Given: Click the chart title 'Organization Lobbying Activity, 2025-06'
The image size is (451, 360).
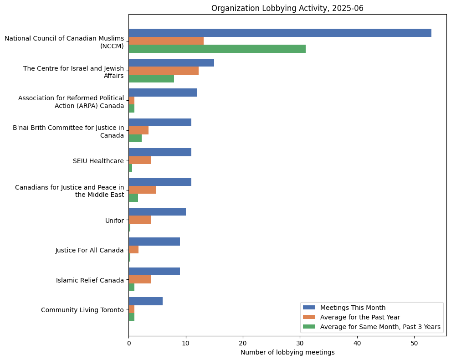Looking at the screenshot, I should (x=287, y=8).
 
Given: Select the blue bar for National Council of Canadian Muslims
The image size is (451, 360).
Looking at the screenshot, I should (x=280, y=33).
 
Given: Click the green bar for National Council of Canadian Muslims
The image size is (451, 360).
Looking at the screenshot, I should (x=217, y=49).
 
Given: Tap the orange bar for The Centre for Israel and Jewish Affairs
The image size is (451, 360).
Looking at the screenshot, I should (x=164, y=71).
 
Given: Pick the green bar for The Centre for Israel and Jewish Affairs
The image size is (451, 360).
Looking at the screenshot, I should (x=151, y=78).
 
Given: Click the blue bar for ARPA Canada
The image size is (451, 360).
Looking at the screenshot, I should (x=163, y=93).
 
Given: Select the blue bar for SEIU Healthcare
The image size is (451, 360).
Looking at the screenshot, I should (x=160, y=152).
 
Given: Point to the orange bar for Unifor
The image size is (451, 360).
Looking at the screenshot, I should (x=139, y=220).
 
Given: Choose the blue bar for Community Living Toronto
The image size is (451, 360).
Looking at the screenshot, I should (x=145, y=301).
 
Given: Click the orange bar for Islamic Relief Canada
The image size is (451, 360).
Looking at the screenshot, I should (x=140, y=279).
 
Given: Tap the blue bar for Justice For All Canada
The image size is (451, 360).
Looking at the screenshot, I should (x=154, y=242).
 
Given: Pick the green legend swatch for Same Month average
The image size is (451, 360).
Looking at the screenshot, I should (x=309, y=327).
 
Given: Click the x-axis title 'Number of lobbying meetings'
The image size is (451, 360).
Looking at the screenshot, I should (x=287, y=352).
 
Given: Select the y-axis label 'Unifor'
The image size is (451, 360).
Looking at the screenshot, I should (x=114, y=221).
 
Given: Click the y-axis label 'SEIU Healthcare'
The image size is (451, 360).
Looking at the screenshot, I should (x=98, y=161).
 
